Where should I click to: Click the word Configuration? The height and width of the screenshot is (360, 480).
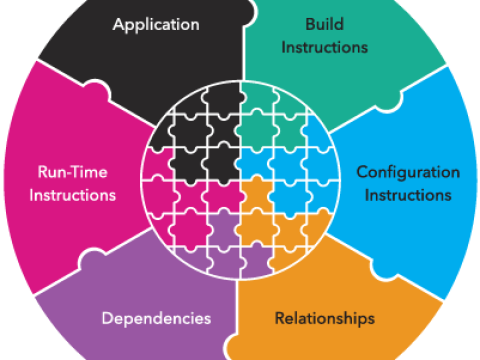coord(408,172)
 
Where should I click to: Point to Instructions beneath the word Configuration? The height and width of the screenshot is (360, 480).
coord(408,194)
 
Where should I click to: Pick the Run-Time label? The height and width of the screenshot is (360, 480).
coord(73,172)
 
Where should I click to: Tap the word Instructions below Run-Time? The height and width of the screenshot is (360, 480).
coord(73,194)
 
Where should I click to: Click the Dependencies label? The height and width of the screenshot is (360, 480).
coord(156,319)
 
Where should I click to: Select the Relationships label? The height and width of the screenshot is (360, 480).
coord(324,319)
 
